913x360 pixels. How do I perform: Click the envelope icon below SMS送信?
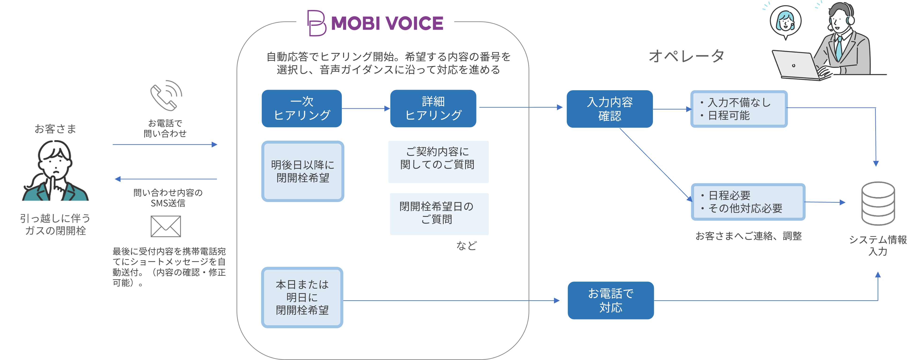166,226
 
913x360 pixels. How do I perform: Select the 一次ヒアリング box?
302,108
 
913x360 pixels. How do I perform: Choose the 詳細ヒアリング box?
433,108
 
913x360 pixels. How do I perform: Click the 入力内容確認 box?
609,109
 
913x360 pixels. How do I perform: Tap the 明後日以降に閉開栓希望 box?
303,171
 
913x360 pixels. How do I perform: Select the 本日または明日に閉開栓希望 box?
302,297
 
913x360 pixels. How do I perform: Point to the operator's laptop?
796,66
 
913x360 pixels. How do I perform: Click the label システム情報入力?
878,245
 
